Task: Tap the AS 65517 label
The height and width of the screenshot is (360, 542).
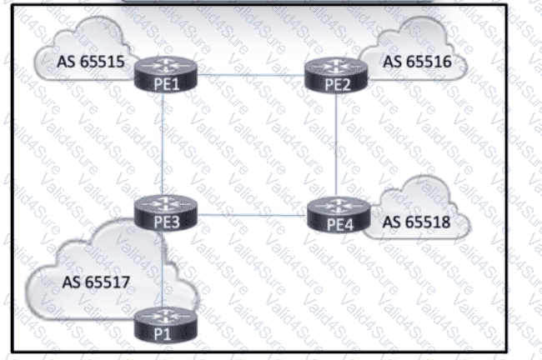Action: [93, 281]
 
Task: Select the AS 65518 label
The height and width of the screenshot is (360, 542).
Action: [416, 224]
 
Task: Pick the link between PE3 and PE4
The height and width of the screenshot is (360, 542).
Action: [248, 215]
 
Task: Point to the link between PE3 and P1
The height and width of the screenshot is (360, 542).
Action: [163, 267]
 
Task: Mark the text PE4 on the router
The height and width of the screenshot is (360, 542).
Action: [335, 225]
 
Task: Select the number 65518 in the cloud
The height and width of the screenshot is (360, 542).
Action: [426, 224]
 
